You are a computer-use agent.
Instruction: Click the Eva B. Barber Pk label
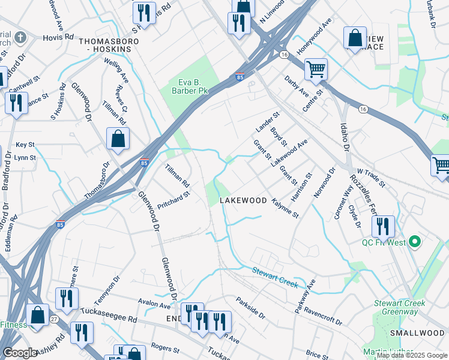coord(184,86)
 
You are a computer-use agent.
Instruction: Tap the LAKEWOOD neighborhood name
coord(243,200)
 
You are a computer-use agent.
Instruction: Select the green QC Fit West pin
coord(414,242)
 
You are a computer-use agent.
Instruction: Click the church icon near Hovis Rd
coord(20,38)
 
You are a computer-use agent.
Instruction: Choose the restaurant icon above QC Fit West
coord(382,226)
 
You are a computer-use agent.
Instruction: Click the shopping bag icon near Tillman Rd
coord(118,138)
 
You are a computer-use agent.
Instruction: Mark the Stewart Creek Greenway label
coord(399,307)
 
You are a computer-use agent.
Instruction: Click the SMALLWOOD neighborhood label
coord(417,333)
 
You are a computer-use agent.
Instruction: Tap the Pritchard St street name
coord(173,199)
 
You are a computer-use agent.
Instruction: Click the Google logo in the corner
coord(20,353)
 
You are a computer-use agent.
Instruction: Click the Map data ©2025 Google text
coord(412,355)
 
